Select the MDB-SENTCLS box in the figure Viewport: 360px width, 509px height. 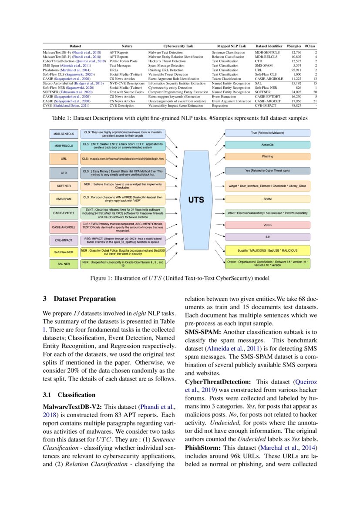[64, 132]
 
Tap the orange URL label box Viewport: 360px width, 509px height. [64, 159]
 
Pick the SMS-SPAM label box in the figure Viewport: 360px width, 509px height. [64, 199]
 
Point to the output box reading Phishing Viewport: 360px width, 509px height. [267, 156]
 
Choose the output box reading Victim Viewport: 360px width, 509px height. [267, 225]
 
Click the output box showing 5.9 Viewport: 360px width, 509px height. [267, 237]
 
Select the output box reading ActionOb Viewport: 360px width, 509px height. [267, 144]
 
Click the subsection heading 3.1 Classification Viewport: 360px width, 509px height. [69, 395]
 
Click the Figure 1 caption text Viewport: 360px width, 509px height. [180, 278]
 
